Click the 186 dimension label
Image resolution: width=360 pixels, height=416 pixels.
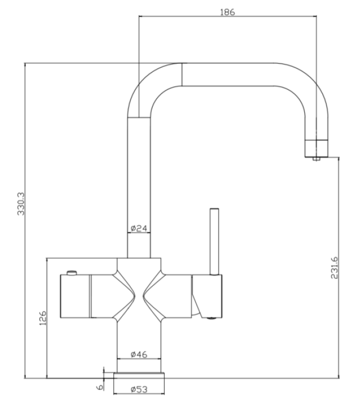(x=227, y=11)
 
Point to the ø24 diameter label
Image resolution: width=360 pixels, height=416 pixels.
(x=140, y=228)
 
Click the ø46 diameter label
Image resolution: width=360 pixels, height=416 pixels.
(x=139, y=355)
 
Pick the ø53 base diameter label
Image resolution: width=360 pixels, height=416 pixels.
(x=139, y=389)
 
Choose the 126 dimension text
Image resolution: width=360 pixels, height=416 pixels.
(x=43, y=318)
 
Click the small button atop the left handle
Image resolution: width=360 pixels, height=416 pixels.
(x=71, y=273)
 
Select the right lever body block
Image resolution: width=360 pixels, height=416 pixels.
(x=207, y=294)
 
